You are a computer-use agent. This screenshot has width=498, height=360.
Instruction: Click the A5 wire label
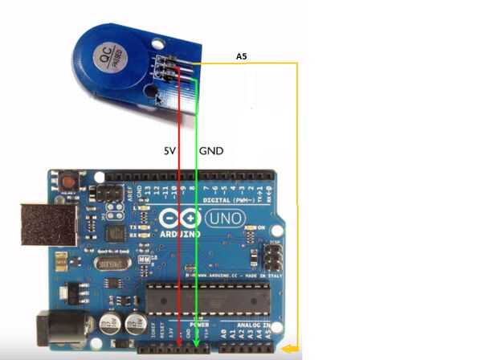coord(241,57)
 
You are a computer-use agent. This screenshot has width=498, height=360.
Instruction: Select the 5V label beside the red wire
coord(169,150)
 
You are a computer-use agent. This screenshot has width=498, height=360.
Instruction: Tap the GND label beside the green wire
coord(211,150)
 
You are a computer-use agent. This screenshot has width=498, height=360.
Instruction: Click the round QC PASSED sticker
coord(105,59)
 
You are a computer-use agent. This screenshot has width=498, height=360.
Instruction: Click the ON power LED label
coord(260,227)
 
